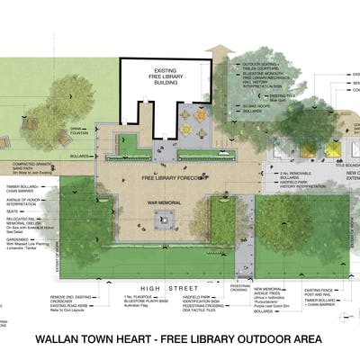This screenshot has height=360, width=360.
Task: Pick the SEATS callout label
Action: coord(13,211)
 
